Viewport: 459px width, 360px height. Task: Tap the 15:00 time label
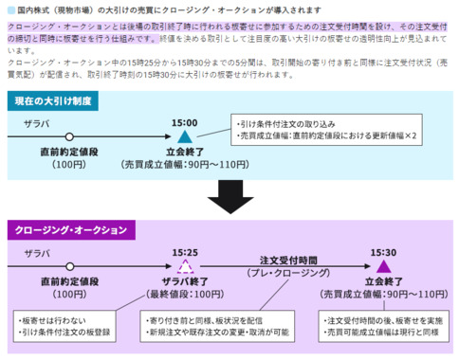click(184, 123)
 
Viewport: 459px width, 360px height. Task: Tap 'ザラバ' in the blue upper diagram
click(37, 124)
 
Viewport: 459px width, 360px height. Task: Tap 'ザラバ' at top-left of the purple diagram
click(37, 254)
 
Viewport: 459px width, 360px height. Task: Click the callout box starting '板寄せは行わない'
click(66, 328)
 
